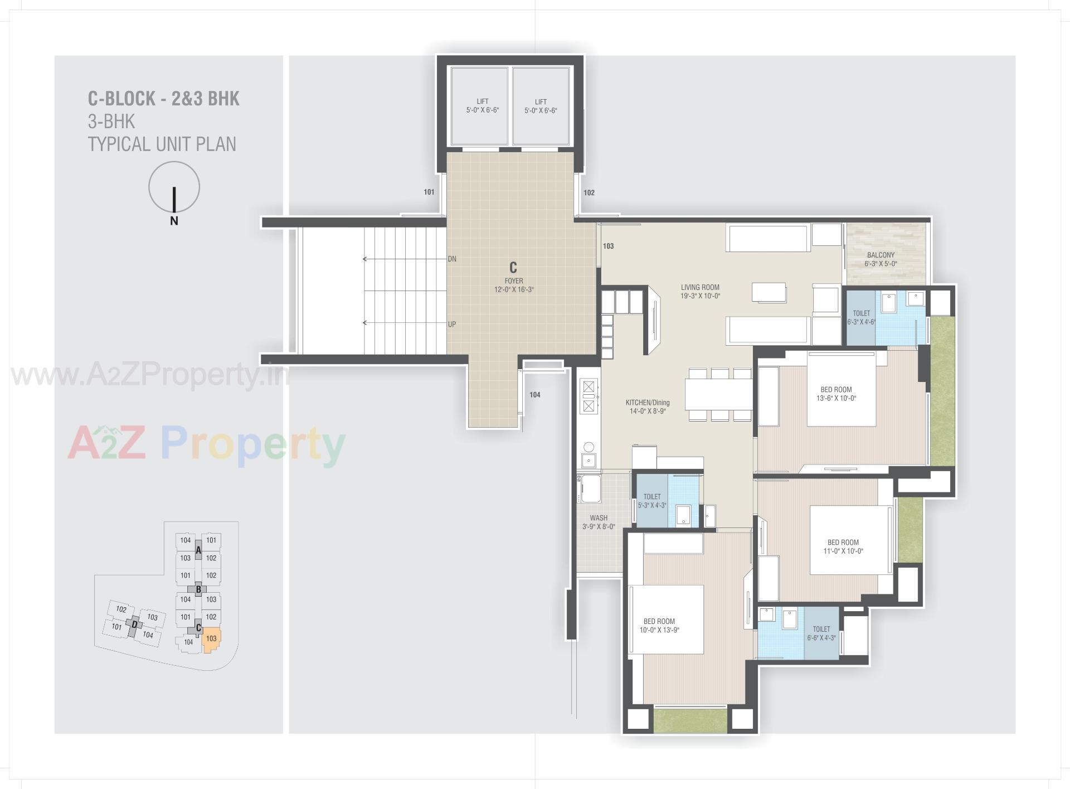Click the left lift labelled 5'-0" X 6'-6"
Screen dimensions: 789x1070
click(482, 106)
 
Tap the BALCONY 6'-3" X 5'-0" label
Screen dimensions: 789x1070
click(881, 259)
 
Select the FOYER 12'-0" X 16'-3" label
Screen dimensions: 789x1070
click(514, 285)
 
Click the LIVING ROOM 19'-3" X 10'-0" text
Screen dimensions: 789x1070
click(700, 292)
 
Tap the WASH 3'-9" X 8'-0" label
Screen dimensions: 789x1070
click(599, 522)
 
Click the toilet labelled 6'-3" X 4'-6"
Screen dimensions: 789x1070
click(861, 317)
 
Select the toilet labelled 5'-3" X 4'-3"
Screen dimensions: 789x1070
click(652, 501)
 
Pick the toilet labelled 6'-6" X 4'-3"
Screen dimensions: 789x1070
click(821, 633)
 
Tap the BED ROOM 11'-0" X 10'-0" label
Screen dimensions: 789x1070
click(843, 546)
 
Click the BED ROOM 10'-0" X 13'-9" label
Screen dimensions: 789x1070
click(659, 626)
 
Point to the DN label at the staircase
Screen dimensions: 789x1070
click(452, 259)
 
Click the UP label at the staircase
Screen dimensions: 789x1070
click(452, 324)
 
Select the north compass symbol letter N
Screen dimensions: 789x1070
click(174, 221)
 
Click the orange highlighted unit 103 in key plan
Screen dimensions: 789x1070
click(211, 640)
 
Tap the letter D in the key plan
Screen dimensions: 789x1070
click(134, 625)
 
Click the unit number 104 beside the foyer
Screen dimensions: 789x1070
click(534, 395)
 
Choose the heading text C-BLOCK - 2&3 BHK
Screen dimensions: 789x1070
click(163, 99)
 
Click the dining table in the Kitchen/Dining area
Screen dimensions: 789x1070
click(718, 394)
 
